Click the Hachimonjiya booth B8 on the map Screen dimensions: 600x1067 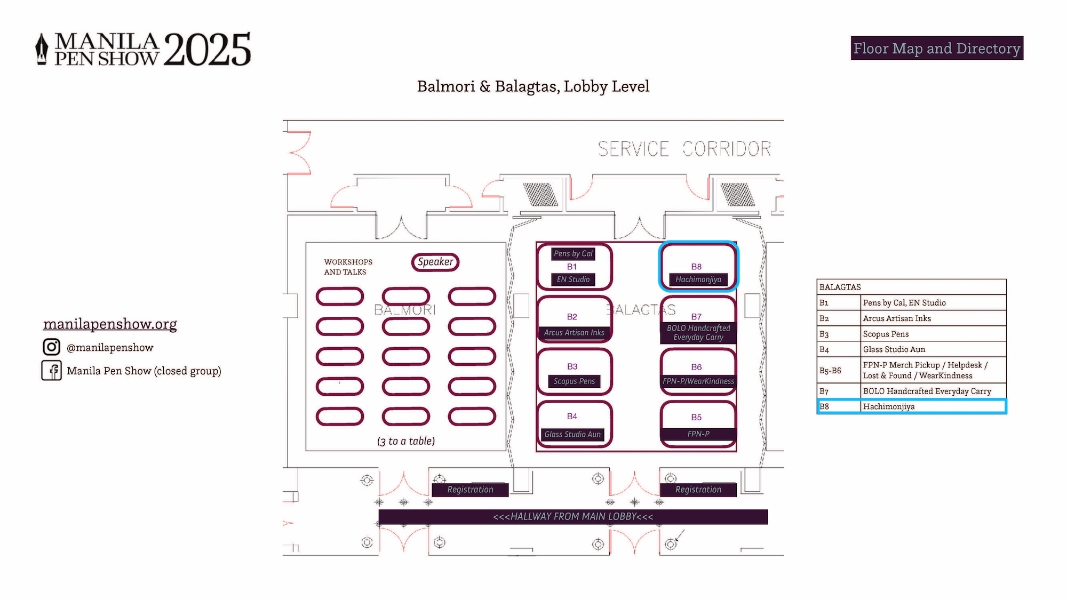pos(698,267)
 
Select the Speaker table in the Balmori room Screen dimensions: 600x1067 pos(435,262)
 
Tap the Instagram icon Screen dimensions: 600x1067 pos(51,347)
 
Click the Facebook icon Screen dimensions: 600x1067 pos(52,371)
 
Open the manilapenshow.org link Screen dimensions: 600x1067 pos(110,324)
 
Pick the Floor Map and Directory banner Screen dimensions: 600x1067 pos(937,48)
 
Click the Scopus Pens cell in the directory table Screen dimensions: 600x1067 pos(886,334)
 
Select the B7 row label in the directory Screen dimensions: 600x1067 pos(825,391)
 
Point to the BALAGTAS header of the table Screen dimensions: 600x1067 pos(840,287)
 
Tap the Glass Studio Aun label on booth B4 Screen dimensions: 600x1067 pos(572,434)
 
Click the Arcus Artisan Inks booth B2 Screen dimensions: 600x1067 pos(574,319)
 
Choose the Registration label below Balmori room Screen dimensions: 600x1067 pos(470,490)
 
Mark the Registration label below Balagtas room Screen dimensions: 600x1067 pos(698,490)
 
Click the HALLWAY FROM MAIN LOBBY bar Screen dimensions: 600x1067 pos(573,516)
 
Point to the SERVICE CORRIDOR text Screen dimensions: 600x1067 pos(684,149)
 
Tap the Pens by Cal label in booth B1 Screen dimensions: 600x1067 pos(573,254)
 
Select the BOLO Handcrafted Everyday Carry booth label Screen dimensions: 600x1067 pos(698,333)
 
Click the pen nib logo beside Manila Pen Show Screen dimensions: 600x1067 pos(42,50)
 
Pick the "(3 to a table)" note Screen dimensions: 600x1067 pos(406,441)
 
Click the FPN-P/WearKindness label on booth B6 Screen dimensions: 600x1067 pos(698,381)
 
